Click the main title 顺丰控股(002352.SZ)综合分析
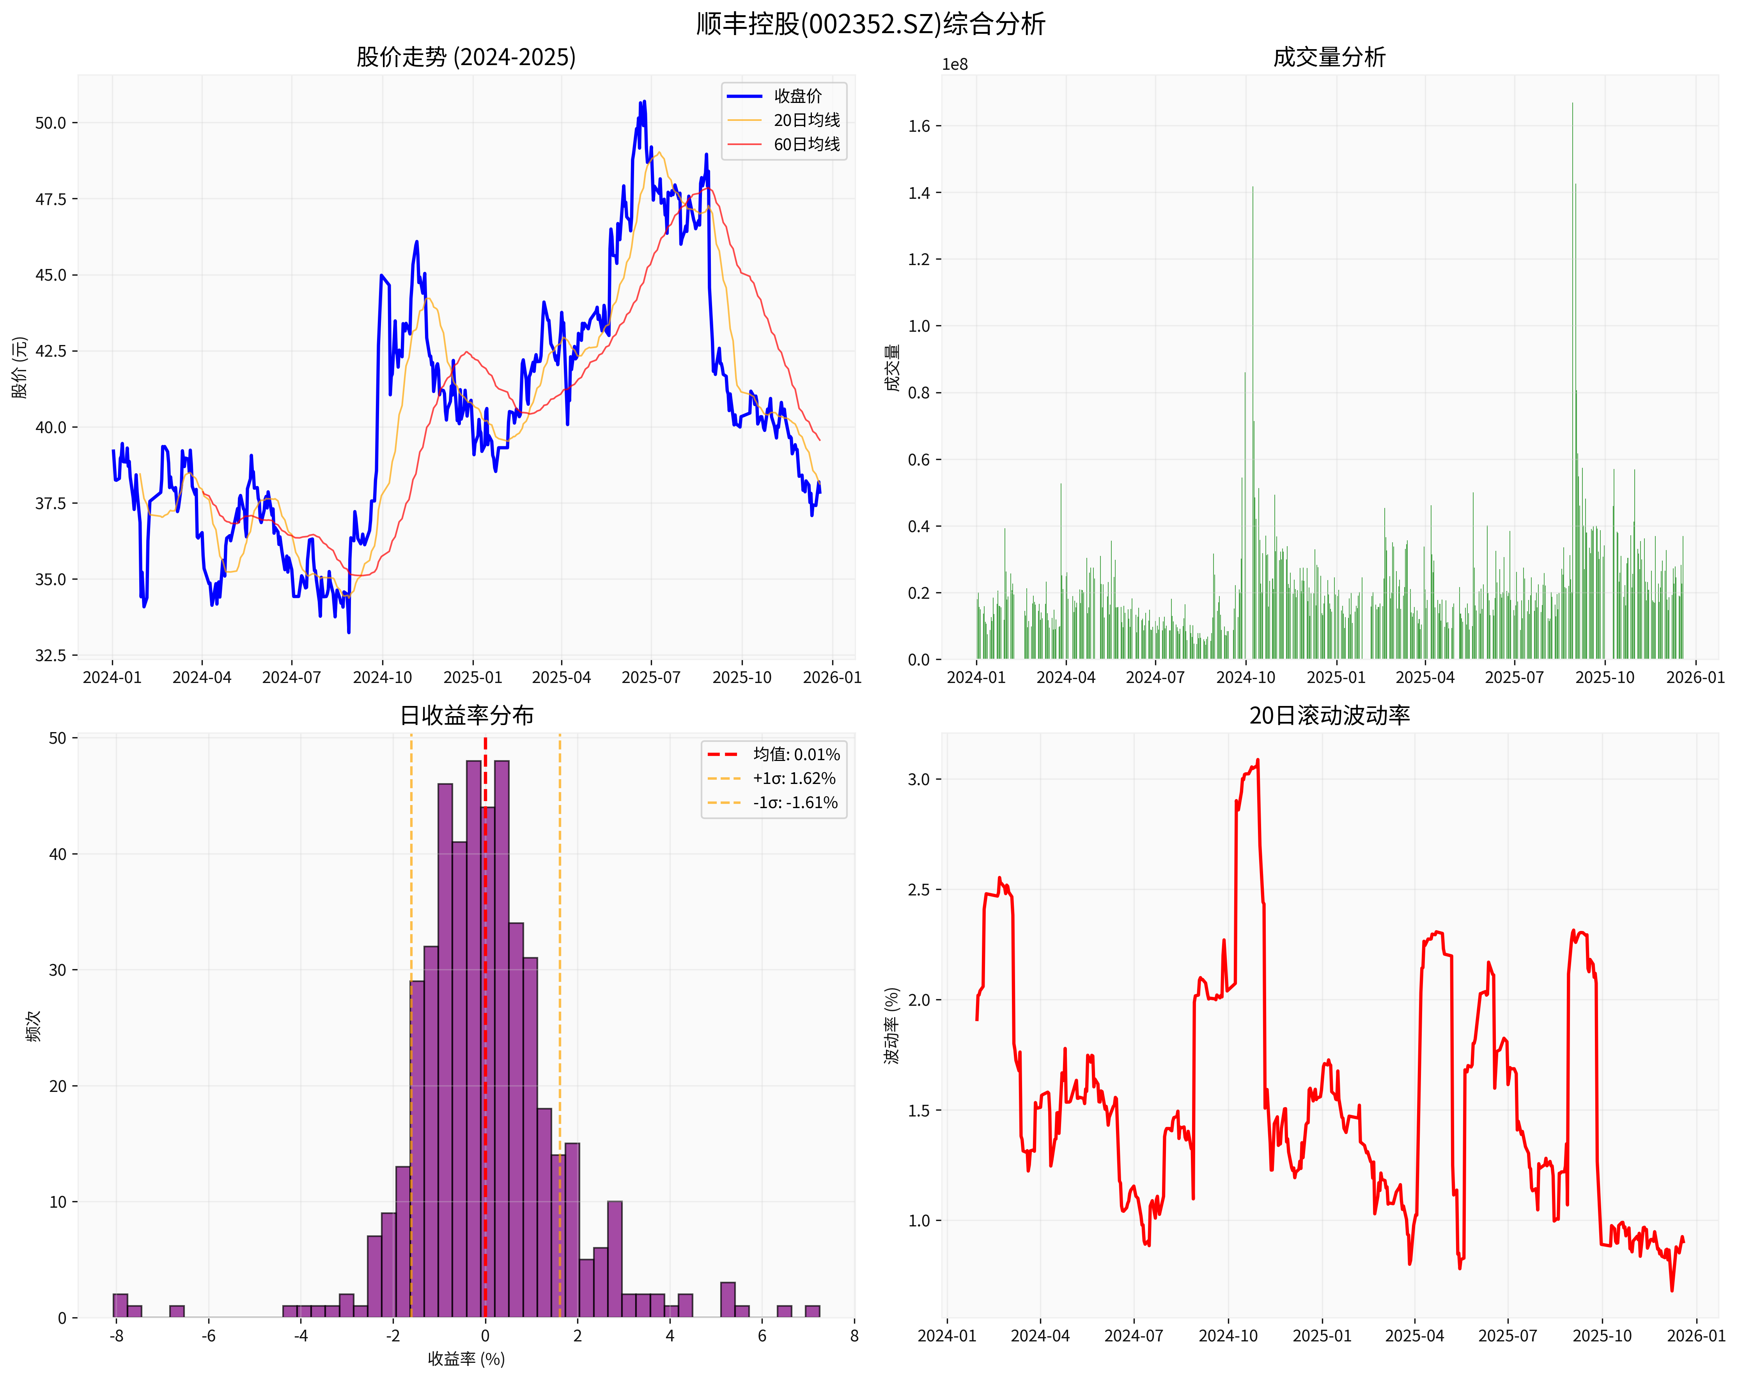tap(870, 23)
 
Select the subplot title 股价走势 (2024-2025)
tap(466, 57)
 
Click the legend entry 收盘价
tap(797, 96)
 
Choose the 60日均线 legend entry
tap(806, 144)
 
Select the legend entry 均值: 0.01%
tap(795, 754)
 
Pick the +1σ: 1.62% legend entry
tap(793, 778)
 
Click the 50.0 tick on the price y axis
tap(50, 123)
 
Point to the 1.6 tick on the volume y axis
tap(919, 126)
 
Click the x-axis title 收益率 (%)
tap(466, 1359)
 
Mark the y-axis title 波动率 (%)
tap(891, 1025)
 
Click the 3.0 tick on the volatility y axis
tap(919, 780)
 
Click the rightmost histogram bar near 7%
tap(813, 1311)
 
